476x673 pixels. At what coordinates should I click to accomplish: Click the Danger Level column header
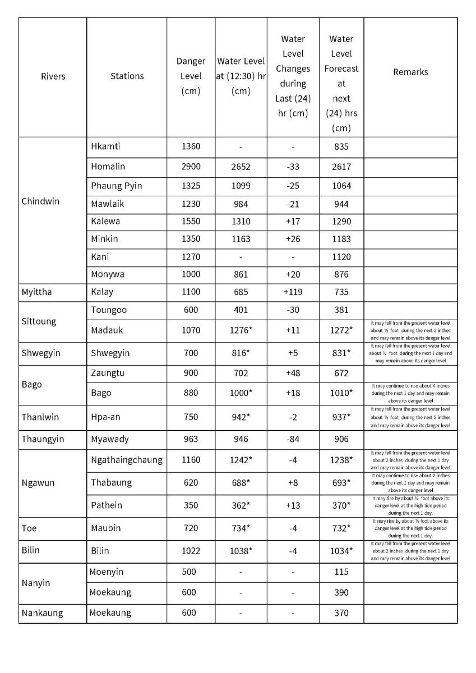pos(191,76)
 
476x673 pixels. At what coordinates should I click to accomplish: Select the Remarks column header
pos(410,72)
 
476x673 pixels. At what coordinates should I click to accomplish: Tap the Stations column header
pos(127,76)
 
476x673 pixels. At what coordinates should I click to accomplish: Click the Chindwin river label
pos(40,201)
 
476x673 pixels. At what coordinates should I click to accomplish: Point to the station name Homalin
pos(108,167)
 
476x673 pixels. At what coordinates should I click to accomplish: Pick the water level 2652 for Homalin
pos(241,167)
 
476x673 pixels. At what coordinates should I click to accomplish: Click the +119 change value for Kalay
pos(293,292)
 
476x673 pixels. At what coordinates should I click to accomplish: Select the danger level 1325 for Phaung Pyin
pos(191,186)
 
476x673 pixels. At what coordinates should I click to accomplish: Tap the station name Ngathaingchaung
pos(126,460)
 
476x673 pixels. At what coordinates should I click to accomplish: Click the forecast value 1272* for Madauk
pos(341,330)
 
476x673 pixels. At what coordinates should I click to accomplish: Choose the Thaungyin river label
pos(43,439)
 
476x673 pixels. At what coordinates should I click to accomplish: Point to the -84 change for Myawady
pos(293,439)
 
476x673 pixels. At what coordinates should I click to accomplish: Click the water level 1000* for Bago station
pos(241,393)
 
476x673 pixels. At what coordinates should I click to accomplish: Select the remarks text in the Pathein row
pos(410,505)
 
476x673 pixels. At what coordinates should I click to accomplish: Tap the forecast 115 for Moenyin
pos(341,572)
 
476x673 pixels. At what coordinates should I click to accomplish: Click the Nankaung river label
pos(42,613)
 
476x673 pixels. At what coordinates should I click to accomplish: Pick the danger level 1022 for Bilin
pos(191,551)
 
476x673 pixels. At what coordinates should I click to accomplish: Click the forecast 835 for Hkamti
pos(341,147)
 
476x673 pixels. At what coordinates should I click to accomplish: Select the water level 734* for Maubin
pos(241,528)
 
